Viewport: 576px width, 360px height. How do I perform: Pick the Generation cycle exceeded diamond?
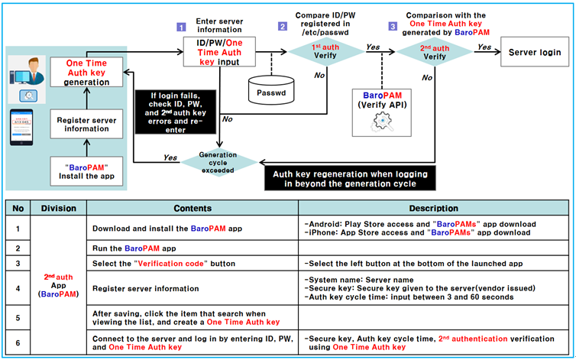218,160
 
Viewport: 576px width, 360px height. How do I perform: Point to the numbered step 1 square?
182,27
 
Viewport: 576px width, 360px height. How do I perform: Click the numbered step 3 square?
393,27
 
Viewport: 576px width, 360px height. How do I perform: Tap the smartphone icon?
24,129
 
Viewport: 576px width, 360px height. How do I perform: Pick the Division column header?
59,207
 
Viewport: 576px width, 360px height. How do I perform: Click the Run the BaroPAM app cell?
191,248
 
